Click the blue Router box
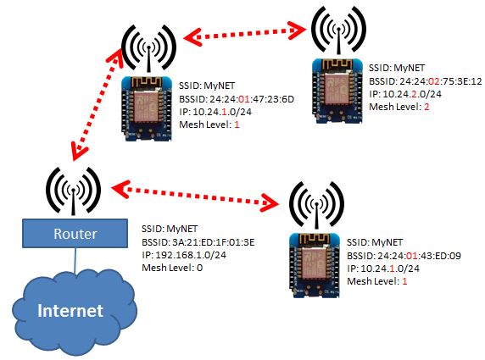click(75, 233)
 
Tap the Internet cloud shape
click(75, 312)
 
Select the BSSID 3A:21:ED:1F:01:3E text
click(198, 242)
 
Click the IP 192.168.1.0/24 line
click(184, 255)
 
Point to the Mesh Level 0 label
click(172, 268)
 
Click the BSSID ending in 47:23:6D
click(237, 99)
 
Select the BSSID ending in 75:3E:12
click(426, 81)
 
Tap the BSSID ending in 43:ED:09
click(404, 256)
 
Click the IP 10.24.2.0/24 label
click(405, 94)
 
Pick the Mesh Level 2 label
click(399, 107)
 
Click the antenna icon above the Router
click(73, 191)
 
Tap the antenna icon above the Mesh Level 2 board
click(338, 30)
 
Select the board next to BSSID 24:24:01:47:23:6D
click(147, 108)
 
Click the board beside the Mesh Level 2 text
click(337, 91)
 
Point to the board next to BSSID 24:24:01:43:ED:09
click(315, 265)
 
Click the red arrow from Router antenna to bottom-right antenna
click(195, 196)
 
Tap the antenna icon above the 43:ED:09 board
click(316, 205)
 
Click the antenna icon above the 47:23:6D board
click(148, 48)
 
